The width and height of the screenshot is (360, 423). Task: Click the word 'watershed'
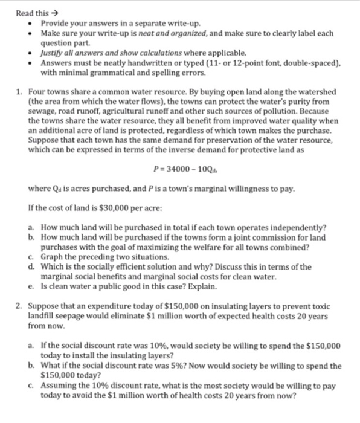pyautogui.click(x=317, y=91)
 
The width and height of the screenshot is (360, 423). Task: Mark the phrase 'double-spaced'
pyautogui.click(x=312, y=63)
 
